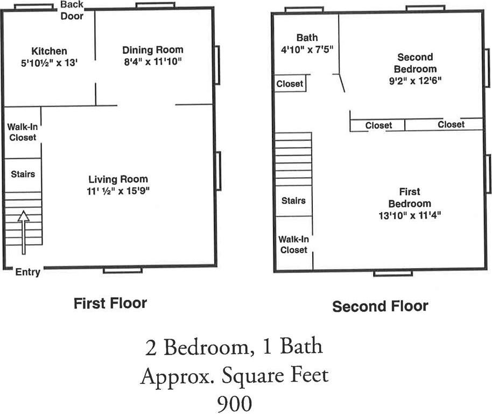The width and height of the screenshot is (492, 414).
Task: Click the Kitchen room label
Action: (49, 51)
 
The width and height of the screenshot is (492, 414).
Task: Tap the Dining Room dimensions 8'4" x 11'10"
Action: (152, 61)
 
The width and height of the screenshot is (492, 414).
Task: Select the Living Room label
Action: (118, 179)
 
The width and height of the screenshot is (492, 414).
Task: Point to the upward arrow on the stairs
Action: (23, 232)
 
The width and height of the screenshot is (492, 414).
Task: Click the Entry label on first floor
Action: (27, 272)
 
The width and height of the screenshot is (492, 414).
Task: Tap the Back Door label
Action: (72, 10)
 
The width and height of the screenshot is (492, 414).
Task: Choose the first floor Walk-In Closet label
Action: (22, 132)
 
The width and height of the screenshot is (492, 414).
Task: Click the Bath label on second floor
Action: (307, 38)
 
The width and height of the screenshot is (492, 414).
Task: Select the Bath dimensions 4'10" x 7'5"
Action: (307, 50)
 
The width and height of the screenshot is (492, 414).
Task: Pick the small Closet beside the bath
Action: (290, 84)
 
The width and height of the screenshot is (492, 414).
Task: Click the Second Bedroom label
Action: (414, 63)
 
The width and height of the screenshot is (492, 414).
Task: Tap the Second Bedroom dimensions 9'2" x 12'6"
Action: (415, 81)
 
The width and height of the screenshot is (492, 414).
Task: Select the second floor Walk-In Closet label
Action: (293, 244)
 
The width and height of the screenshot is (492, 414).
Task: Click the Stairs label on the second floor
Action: (293, 201)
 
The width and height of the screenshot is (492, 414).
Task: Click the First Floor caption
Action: (110, 303)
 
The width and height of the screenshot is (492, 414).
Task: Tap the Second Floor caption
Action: (380, 306)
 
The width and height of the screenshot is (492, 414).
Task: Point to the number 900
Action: (234, 402)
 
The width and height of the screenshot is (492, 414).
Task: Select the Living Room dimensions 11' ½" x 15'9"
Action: (118, 191)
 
